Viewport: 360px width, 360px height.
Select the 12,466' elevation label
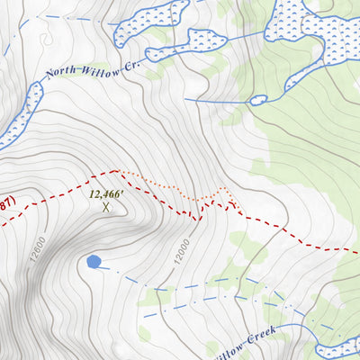coord(106,193)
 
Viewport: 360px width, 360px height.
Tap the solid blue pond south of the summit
coord(93,262)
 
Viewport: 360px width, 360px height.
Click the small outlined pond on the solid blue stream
coord(258,100)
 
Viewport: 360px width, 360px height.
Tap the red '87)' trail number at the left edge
coord(5,204)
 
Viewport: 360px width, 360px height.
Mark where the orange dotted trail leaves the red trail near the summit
coord(118,170)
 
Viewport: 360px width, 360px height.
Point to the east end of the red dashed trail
coord(356,249)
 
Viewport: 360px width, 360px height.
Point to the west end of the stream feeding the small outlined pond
coord(185,100)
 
